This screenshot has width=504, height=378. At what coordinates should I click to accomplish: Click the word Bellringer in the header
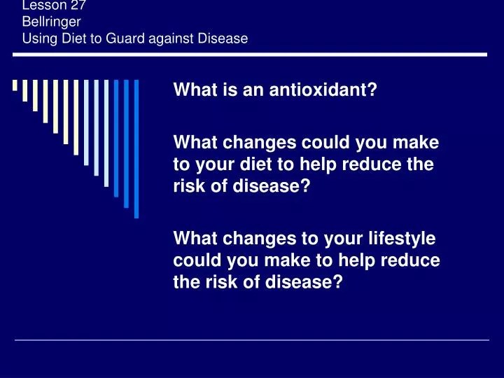point(51,22)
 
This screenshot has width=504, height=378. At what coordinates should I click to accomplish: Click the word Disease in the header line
point(223,38)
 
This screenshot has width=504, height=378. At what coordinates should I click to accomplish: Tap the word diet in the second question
point(256,164)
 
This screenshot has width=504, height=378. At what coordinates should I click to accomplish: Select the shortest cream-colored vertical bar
point(15,85)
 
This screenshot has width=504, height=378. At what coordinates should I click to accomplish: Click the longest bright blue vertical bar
point(136,149)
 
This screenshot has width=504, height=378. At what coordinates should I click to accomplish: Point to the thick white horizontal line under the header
point(250,55)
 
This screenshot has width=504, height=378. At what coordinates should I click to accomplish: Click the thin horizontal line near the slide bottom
point(252,339)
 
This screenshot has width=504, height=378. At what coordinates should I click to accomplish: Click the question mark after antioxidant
point(373,90)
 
